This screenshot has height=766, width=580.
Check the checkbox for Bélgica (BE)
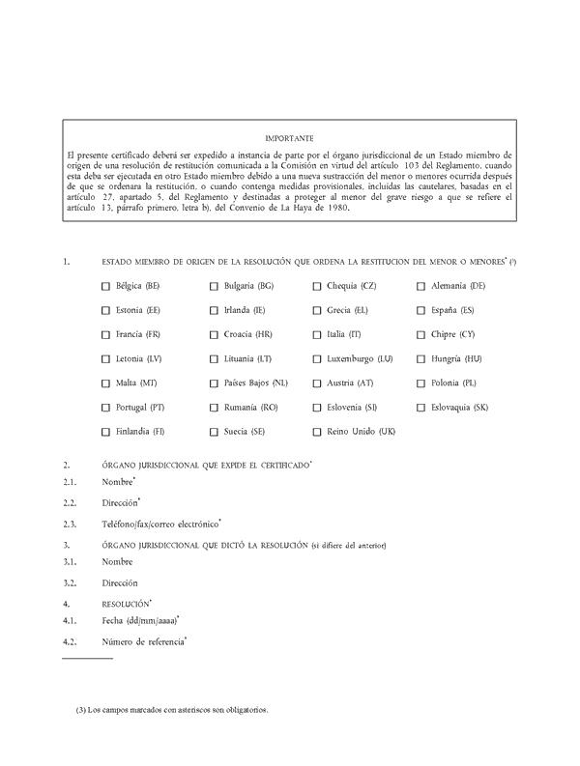tap(105, 286)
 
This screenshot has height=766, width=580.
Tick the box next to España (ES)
tap(421, 310)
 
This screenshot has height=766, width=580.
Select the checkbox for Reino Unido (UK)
tap(317, 431)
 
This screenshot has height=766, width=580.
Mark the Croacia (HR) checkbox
tap(214, 334)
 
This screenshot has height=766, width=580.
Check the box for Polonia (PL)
tap(421, 383)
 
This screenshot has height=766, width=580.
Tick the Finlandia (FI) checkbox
tap(105, 431)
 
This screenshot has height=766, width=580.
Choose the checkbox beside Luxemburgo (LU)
tap(317, 358)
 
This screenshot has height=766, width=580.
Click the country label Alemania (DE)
tap(458, 286)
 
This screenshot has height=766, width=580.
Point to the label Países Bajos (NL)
tap(255, 383)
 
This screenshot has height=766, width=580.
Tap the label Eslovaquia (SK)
tap(460, 407)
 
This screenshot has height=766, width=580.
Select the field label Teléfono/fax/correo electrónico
tap(159, 524)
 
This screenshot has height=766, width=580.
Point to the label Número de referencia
tap(142, 641)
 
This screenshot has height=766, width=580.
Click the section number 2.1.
tap(70, 482)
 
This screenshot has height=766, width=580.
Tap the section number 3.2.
tap(70, 582)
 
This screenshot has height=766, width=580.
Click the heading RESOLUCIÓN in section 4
tap(125, 603)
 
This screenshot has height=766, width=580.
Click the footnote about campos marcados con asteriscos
tap(171, 710)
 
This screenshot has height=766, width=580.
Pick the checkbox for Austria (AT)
tap(317, 383)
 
